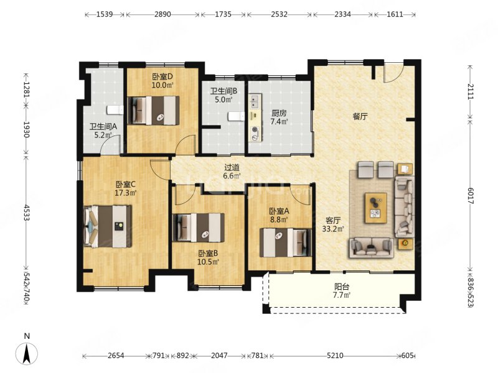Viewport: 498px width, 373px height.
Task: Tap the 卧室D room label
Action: tap(162, 76)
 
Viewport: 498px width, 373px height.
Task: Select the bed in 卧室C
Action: tap(108, 226)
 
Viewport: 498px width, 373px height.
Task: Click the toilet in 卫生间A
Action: tap(115, 110)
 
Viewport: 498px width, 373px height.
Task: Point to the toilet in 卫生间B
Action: tap(236, 116)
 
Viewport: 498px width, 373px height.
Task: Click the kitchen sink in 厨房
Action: tap(255, 101)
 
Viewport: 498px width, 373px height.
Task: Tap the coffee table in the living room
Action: tap(376, 208)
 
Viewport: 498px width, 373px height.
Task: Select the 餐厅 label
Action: tap(360, 116)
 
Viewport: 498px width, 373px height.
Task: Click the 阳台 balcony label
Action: tap(342, 287)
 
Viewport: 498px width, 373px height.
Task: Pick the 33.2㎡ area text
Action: tap(333, 229)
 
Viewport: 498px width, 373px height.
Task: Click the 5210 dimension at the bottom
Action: tap(335, 356)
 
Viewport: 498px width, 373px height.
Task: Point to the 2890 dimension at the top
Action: tap(162, 14)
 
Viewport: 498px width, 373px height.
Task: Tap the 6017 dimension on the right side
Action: tap(471, 196)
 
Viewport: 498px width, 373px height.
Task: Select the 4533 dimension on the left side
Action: tap(26, 213)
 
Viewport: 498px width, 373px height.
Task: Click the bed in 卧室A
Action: tap(286, 242)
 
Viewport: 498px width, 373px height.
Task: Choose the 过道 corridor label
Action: tap(232, 167)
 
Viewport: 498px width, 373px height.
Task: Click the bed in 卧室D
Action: tap(153, 111)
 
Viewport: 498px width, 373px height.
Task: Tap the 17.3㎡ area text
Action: tap(126, 193)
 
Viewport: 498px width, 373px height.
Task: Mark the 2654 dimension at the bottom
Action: tap(116, 356)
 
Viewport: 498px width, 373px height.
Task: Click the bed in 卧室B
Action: tap(199, 228)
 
